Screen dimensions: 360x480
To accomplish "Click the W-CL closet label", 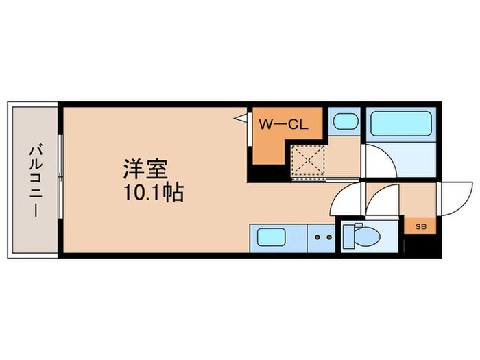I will click(286, 125).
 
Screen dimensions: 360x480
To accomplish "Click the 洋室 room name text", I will click(146, 168).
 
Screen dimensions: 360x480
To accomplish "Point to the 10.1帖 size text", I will click(154, 193).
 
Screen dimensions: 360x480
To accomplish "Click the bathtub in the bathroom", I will click(398, 125).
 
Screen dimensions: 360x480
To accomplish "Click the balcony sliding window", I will click(60, 180).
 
